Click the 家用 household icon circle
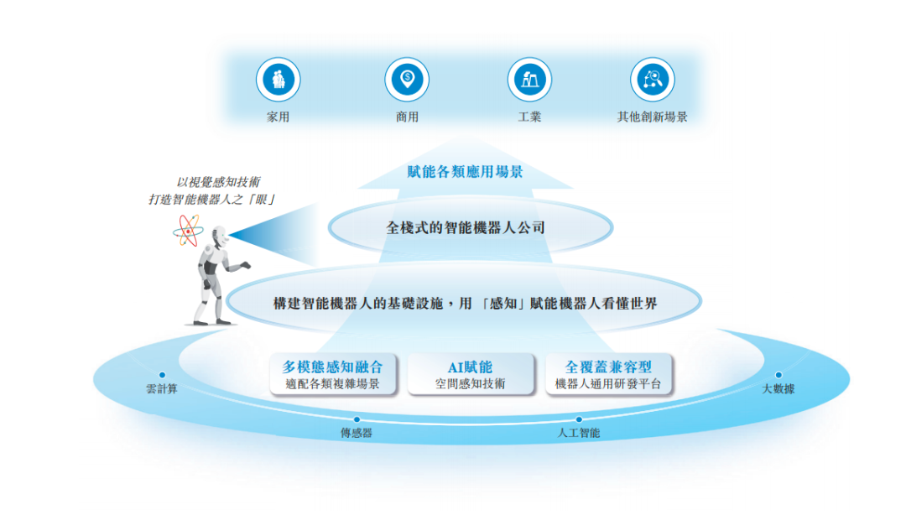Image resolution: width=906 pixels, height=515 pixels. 279,80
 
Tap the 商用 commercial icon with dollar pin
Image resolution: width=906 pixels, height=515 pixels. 407,80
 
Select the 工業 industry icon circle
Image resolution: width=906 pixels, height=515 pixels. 529,80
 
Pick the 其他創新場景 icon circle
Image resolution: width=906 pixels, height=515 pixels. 652,80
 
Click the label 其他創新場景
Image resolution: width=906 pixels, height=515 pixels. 652,117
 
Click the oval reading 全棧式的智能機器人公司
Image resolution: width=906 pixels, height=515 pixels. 466,226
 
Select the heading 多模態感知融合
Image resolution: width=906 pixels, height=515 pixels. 332,367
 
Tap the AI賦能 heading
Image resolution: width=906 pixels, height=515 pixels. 470,367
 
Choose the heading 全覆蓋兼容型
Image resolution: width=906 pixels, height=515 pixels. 608,367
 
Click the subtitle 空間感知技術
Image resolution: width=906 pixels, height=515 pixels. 470,384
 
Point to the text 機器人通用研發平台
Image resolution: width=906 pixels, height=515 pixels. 608,384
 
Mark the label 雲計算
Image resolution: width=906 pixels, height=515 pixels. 162,389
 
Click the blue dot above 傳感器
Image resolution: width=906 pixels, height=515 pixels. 357,419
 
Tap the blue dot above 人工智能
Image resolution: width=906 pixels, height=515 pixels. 579,419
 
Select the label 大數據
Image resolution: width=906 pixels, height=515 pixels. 778,389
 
